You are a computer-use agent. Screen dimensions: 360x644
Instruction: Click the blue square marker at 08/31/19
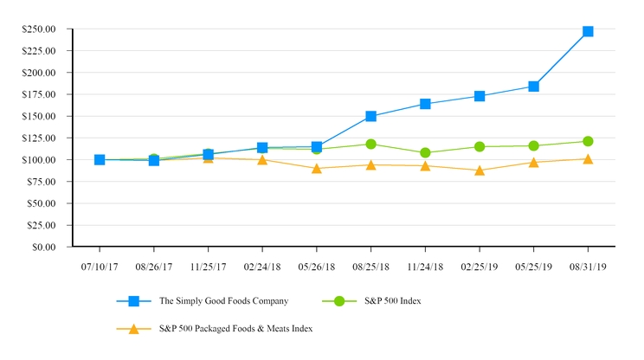[588, 31]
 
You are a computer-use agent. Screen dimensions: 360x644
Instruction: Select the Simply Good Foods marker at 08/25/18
[370, 116]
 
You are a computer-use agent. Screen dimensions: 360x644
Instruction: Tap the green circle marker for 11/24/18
[425, 152]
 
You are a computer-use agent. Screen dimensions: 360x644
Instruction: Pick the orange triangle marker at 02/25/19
[480, 170]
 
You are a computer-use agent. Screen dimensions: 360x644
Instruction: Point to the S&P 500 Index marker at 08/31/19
[588, 141]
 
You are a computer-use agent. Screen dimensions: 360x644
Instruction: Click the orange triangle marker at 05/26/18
[317, 168]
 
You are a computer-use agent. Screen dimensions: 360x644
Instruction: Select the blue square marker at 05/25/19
[533, 87]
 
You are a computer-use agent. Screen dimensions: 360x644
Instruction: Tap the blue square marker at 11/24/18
[425, 104]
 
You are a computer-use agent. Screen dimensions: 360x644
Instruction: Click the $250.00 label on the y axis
[39, 29]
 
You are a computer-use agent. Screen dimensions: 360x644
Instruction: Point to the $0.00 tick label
[43, 247]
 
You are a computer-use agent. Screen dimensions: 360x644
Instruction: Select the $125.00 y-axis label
[39, 138]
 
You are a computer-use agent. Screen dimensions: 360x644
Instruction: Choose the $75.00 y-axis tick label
[41, 182]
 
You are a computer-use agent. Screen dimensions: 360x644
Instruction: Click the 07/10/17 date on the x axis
[100, 267]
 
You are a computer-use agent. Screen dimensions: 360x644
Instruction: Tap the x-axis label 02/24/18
[262, 267]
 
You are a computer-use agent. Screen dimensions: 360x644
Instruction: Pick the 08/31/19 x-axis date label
[588, 267]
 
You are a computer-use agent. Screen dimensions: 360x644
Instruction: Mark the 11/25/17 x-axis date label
[208, 267]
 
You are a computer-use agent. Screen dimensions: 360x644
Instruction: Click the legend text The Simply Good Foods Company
[222, 301]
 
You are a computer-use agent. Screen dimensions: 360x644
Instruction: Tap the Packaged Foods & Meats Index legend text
[235, 329]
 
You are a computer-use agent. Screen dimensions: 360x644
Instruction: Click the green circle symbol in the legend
[339, 301]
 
